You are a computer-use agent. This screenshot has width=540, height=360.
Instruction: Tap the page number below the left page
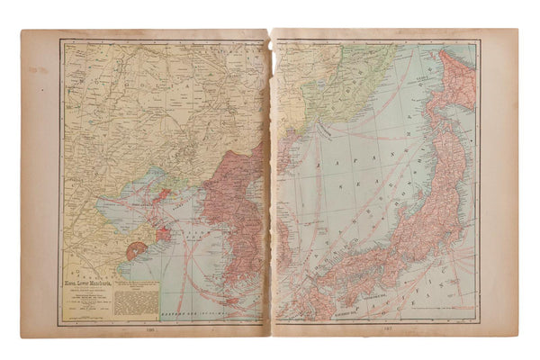coord(161,330)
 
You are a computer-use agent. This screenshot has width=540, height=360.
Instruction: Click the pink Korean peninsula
coord(229,216)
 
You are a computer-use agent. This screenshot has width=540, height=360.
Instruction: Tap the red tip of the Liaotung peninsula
coord(165,194)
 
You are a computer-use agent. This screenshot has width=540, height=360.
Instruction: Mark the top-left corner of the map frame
coord(61,40)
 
